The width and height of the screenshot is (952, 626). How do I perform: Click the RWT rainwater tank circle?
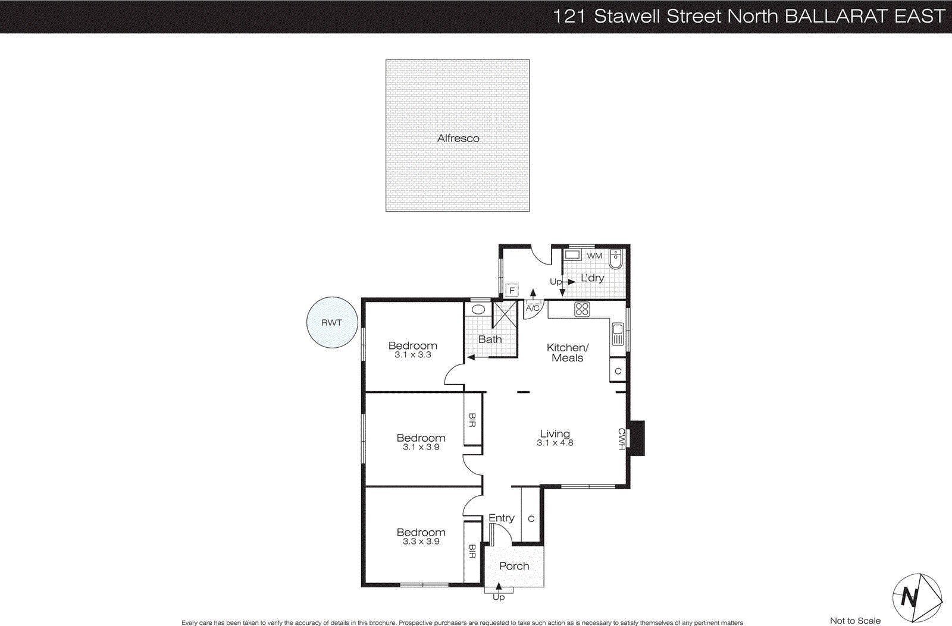pos(331,323)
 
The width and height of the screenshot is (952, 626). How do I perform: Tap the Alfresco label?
pos(458,138)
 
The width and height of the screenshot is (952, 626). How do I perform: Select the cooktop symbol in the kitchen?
pos(582,309)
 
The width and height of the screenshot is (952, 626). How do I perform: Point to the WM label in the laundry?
pos(594,256)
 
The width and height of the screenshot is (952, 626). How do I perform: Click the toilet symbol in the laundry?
pos(616,259)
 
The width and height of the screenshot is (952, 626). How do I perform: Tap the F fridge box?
pos(512,290)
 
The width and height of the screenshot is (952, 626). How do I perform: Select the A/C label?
pos(533,308)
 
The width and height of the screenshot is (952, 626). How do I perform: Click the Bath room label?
pos(490,339)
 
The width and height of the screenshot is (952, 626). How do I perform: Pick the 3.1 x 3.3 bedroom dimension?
pos(412,355)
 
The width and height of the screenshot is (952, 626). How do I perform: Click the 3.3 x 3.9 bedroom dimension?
pos(421,542)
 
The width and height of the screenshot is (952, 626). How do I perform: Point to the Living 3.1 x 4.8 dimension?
pos(555,443)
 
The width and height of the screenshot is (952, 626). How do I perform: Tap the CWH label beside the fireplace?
pos(621,439)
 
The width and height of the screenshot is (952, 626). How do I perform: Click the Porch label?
pos(514,566)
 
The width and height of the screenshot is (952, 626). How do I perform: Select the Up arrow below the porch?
pos(499,592)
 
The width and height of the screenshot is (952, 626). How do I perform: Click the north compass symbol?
pos(916,597)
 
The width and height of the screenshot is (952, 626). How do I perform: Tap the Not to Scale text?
pos(855,621)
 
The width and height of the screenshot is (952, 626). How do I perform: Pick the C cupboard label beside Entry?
pos(531,518)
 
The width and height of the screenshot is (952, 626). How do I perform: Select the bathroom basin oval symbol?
pos(478,310)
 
